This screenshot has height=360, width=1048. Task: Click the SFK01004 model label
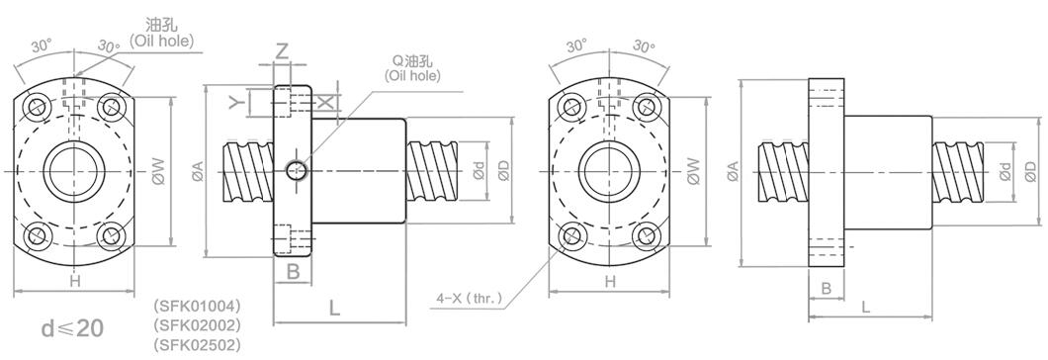coord(196,307)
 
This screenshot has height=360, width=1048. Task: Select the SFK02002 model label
coord(196,325)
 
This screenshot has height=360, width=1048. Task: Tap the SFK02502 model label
coord(196,345)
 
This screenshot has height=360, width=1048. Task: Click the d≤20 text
coord(72,328)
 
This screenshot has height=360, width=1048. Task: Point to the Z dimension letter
coord(282,51)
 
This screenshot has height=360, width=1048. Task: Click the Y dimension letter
coord(234,102)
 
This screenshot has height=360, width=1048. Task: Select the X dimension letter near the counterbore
coord(325,103)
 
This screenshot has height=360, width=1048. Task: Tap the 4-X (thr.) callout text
coord(469,298)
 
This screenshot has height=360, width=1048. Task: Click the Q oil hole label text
coord(411,68)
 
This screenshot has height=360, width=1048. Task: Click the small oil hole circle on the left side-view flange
coord(295,171)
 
